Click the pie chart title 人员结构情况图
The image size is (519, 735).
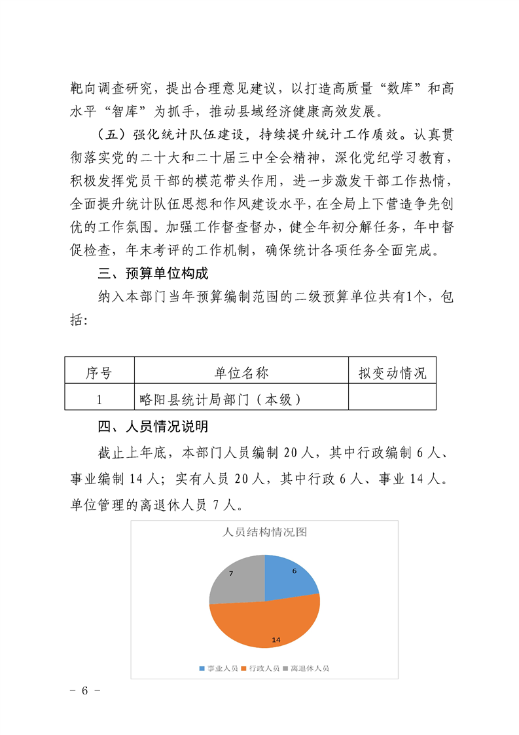coord(264,532)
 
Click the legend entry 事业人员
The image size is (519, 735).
coord(219,668)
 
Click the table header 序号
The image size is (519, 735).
coord(99,373)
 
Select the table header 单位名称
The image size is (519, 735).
coord(241,373)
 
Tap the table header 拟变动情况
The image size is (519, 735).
coord(392,373)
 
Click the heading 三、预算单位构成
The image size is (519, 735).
coord(153,273)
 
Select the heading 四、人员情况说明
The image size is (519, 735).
coord(153,426)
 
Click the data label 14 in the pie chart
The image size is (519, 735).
coord(276,639)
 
